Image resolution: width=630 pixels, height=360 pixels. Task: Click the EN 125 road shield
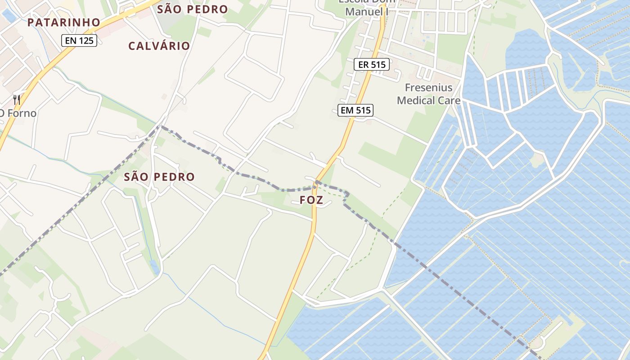(x=79, y=41)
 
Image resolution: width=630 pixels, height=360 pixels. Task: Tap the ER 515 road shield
(x=371, y=65)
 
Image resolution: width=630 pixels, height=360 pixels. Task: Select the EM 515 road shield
(x=356, y=110)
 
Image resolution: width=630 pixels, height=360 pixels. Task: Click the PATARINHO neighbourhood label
(x=63, y=22)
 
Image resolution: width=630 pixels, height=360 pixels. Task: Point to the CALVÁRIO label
(x=159, y=46)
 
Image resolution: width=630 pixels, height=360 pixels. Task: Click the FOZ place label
(x=311, y=200)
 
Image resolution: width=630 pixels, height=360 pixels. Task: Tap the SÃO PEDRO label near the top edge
(x=192, y=9)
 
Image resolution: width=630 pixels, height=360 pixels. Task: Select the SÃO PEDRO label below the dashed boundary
(x=159, y=177)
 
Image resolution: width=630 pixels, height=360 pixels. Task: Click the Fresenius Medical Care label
(x=429, y=94)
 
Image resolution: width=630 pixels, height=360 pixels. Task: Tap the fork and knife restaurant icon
(x=17, y=99)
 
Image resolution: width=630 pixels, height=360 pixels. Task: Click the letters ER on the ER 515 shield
(x=363, y=65)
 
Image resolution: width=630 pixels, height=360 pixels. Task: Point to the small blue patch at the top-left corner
(x=8, y=16)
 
